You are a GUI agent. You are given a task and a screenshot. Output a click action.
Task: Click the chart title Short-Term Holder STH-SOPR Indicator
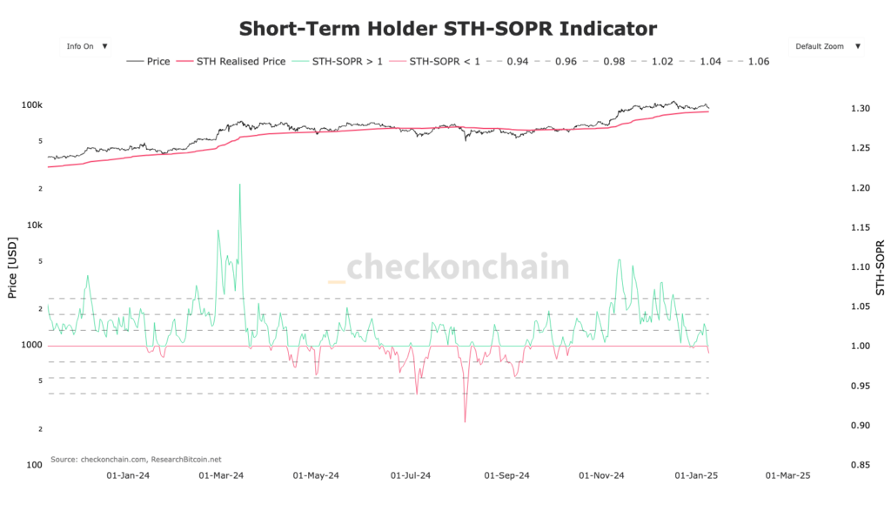tap(447, 29)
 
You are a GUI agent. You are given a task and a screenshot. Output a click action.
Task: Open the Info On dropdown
tap(85, 46)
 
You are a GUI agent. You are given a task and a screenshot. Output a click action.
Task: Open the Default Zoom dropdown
tap(827, 46)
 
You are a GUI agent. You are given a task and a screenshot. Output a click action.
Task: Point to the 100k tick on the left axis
tap(32, 105)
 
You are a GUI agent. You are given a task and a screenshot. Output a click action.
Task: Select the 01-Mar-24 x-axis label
tap(221, 476)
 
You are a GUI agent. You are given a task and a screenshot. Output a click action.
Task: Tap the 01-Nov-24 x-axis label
tap(602, 476)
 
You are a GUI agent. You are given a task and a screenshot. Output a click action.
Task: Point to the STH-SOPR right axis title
tap(880, 266)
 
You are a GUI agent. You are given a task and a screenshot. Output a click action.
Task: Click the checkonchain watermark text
tap(458, 266)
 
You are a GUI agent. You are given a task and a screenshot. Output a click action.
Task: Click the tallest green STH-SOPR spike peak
tap(239, 185)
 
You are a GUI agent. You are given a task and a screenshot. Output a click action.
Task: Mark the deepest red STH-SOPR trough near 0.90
tap(465, 422)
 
